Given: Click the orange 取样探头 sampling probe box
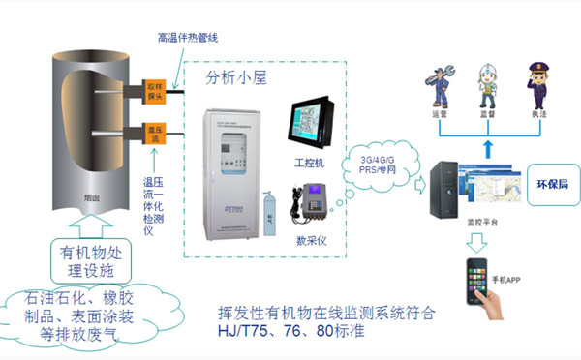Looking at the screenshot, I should pyautogui.click(x=153, y=92).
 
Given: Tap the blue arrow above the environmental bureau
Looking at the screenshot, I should pyautogui.click(x=486, y=141).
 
